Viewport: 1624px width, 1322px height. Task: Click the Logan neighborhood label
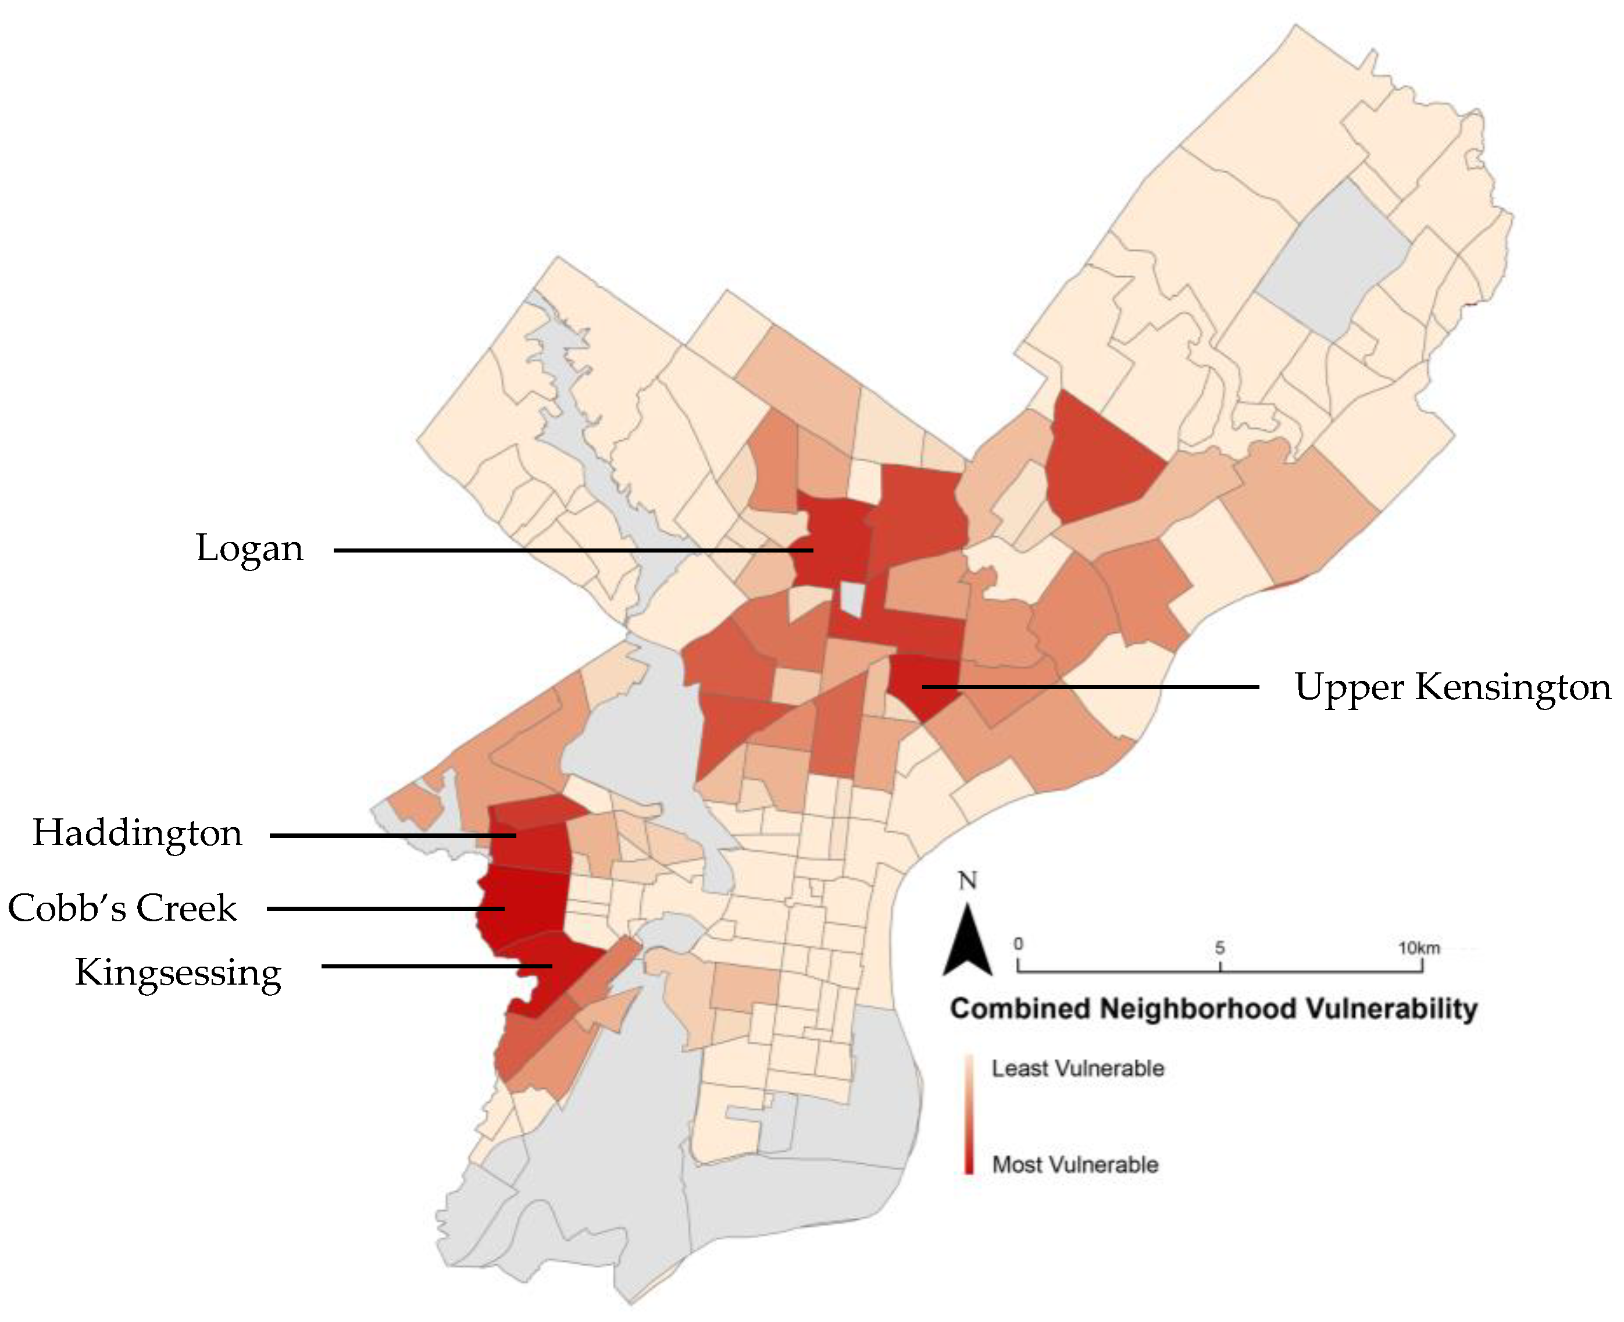(249, 549)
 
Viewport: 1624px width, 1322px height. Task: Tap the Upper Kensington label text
(1452, 687)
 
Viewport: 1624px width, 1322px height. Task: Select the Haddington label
(137, 833)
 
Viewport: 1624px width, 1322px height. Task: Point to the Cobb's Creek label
(123, 908)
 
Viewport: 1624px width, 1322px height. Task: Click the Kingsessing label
(178, 973)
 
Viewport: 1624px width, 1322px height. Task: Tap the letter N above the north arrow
(968, 881)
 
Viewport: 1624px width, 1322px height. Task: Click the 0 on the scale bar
(1019, 945)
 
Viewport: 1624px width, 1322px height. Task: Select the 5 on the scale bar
(1220, 948)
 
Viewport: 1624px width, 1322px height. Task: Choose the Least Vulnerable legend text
(1077, 1068)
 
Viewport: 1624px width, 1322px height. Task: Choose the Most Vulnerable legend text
(1075, 1164)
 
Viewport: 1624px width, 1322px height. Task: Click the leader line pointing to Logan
(571, 550)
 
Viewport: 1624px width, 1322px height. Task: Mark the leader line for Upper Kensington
(1088, 687)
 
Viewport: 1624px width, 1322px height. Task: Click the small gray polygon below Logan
(853, 598)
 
